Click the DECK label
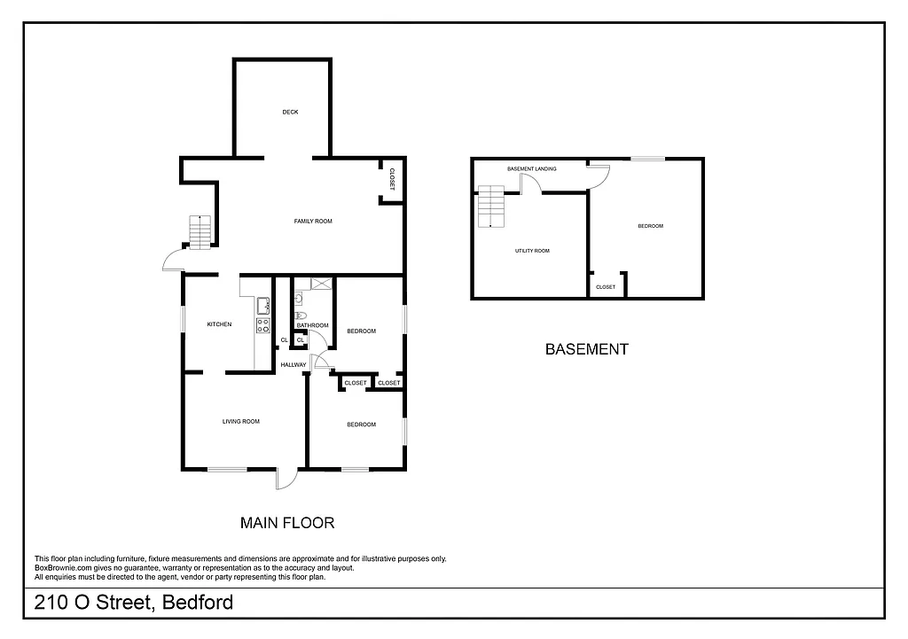pos(290,112)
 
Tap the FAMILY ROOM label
pos(313,221)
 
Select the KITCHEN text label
pos(219,324)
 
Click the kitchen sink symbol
pos(263,306)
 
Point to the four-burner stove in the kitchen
pos(263,325)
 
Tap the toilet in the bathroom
pos(300,316)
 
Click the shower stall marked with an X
pos(320,284)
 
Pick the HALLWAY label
pos(294,364)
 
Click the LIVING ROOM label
pos(241,421)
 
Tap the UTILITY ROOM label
pos(532,251)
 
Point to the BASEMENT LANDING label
pos(532,168)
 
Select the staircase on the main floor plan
pos(201,233)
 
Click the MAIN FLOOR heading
pos(287,523)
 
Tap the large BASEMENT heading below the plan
pos(586,349)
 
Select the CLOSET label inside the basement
pos(606,287)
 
